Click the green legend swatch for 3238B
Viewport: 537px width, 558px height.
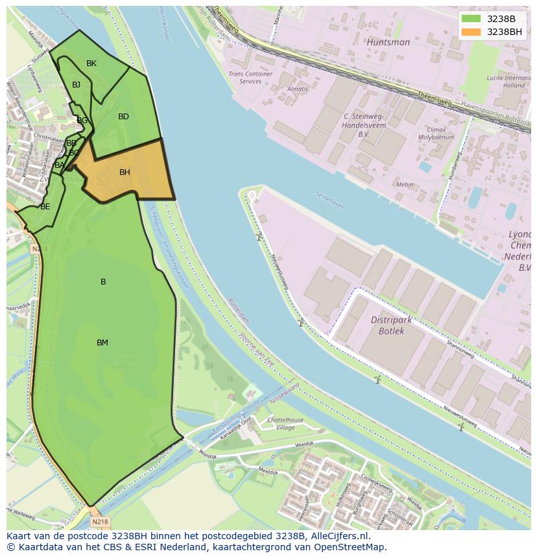pos(471,19)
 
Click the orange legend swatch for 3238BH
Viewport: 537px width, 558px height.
pos(471,32)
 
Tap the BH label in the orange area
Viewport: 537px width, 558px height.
pos(125,172)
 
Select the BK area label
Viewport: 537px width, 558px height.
pos(91,64)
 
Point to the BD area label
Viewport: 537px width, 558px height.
pos(123,117)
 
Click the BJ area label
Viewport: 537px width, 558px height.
pos(77,85)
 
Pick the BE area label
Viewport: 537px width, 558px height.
pos(45,207)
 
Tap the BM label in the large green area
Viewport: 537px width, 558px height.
pos(102,343)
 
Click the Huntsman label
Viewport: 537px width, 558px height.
pos(388,42)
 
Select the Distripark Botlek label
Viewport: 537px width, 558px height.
pos(396,325)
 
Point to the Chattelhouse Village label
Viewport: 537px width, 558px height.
pos(285,424)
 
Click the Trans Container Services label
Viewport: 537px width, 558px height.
pos(250,78)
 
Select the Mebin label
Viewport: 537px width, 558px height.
pos(405,185)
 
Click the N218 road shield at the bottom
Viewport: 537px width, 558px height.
pos(99,522)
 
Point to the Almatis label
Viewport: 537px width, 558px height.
pos(298,89)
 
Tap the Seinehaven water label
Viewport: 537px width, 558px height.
pos(329,199)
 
